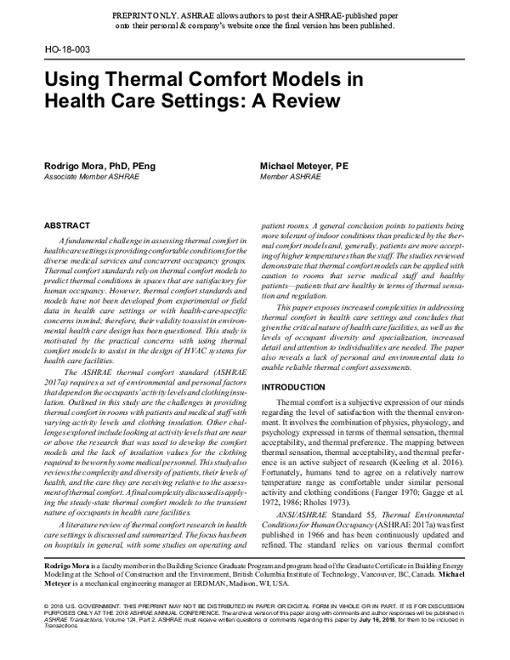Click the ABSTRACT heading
click(67, 225)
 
